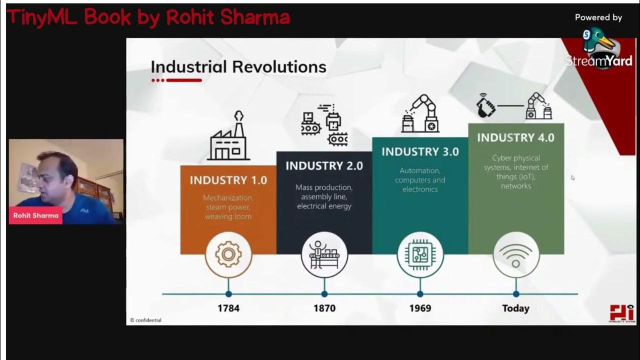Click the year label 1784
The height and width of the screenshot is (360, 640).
tap(228, 308)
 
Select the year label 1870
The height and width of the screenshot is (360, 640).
tap(324, 308)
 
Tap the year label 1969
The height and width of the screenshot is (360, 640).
tap(420, 308)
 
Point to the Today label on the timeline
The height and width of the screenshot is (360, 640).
tap(515, 308)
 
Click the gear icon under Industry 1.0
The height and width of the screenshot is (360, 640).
tap(228, 254)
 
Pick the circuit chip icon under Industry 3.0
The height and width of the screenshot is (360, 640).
tap(420, 254)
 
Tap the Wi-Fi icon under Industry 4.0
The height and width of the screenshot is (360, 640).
tap(516, 254)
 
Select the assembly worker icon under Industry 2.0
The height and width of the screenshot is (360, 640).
tap(324, 254)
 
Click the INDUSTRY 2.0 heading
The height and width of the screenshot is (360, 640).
tap(324, 166)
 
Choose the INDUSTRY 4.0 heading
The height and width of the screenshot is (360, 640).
tap(515, 138)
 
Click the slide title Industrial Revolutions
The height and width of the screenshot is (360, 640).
tap(238, 67)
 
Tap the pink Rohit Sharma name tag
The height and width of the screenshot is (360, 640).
tap(35, 215)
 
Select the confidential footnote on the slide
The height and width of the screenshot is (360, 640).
tap(146, 320)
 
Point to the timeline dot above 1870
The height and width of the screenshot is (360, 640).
tap(324, 294)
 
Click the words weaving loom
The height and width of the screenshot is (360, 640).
tap(228, 216)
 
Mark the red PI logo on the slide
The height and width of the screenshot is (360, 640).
tap(621, 313)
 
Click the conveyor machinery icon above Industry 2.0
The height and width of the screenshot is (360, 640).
tap(324, 125)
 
